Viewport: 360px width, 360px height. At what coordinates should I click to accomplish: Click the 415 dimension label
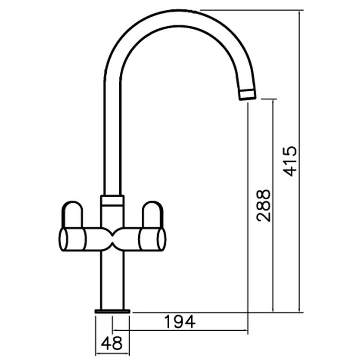point(292,161)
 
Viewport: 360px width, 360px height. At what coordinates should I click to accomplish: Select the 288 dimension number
point(264,205)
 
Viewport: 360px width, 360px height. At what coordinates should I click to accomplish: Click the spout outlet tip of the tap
point(247,94)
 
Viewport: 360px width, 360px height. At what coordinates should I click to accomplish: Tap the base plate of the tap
point(112,310)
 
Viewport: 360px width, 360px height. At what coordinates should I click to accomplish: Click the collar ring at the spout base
point(112,200)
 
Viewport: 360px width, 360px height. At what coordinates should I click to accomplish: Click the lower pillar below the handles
point(112,279)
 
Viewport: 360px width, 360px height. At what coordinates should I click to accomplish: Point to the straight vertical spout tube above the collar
point(112,135)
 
